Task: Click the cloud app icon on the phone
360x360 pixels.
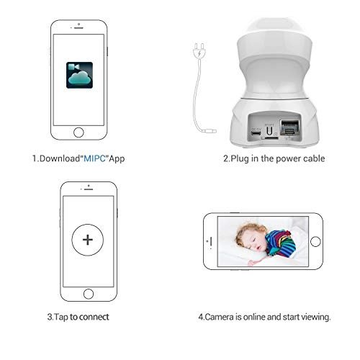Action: coord(79,75)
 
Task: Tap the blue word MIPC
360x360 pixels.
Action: coord(94,158)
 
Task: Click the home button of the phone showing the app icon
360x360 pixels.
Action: coord(78,132)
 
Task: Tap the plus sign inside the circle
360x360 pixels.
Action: coord(88,240)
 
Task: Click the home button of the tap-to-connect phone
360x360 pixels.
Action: coord(89,294)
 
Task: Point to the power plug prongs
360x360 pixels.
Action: coord(199,46)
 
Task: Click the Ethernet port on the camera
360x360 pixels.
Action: coord(290,127)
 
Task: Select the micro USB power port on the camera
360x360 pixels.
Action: coord(256,132)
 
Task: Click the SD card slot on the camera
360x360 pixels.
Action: coord(270,138)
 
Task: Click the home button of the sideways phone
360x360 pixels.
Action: coord(315,241)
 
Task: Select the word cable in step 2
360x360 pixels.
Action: coord(314,158)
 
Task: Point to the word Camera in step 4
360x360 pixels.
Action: coord(220,317)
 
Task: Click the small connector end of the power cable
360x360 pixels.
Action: coord(210,131)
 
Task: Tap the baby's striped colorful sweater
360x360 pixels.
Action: coord(281,243)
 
